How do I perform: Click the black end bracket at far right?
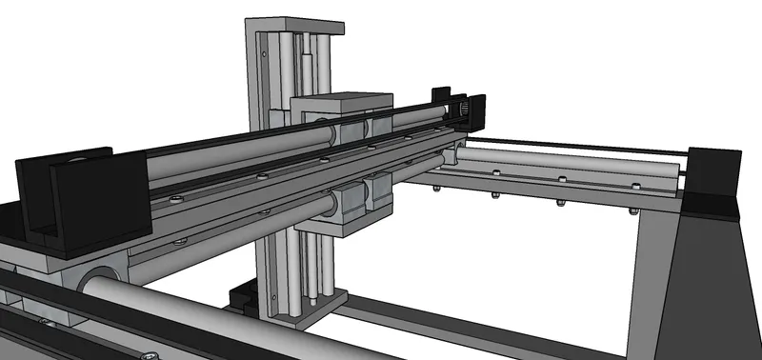[712, 181]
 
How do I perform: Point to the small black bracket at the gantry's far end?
[441, 96]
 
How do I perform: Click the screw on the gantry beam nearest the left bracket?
[179, 198]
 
